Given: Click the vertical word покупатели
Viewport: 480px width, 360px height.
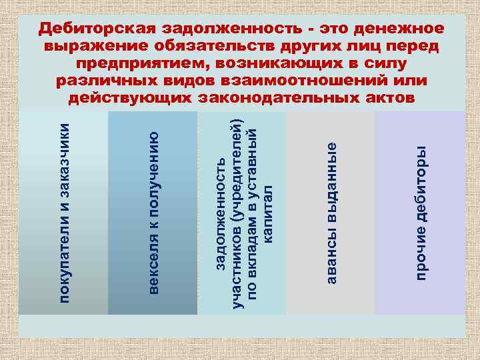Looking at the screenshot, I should [63, 261].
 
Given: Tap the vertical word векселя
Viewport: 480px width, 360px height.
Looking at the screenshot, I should [153, 266].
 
